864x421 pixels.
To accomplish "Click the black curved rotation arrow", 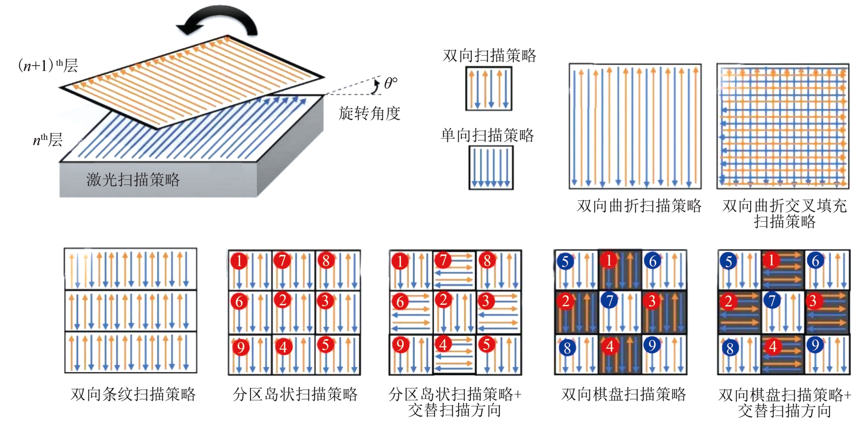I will coord(218,22).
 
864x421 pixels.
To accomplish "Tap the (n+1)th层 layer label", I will coord(48,65).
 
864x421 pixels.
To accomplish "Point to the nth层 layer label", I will coord(48,140).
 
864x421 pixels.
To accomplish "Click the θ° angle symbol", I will coord(391,83).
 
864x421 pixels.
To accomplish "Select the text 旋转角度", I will coord(369,113).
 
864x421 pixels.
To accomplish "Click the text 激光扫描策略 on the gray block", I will coord(133,179).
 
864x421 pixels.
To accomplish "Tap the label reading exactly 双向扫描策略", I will coord(489,56).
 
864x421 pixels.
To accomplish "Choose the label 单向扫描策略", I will coord(487,135).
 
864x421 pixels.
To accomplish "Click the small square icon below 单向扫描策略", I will coord(491,168).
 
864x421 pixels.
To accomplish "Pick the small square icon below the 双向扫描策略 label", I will coord(489,89).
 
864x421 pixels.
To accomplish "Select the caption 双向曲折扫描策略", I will coord(639,206).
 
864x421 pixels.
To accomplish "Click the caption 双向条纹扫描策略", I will coord(133,394).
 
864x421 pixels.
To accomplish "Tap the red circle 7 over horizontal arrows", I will coord(443,260).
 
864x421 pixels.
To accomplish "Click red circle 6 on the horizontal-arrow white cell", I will coord(400,301).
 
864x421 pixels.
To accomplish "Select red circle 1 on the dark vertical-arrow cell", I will coord(609,260).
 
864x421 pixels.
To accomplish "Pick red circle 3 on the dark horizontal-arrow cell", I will coord(813,301).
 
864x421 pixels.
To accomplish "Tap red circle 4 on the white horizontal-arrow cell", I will coord(443,345).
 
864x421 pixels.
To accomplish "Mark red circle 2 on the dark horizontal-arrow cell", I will coord(729,301).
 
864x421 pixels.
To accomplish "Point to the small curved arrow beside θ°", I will coord(376,86).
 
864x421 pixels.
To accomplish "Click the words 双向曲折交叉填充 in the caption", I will coord(784,206).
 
